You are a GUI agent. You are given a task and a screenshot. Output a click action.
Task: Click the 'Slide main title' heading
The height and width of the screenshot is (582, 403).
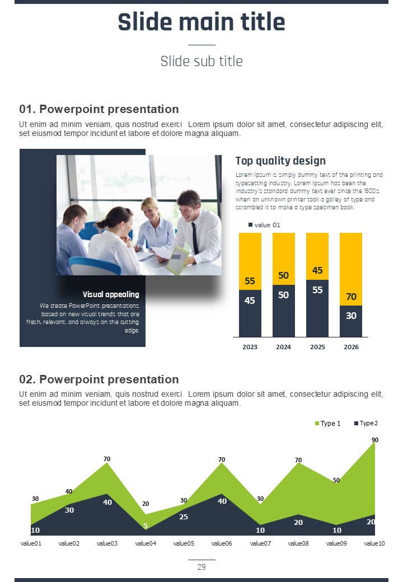pos(201,22)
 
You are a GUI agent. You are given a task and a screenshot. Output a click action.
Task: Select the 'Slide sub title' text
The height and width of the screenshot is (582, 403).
pos(201,61)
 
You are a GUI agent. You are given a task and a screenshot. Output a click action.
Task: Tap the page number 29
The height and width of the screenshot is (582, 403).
pos(201,567)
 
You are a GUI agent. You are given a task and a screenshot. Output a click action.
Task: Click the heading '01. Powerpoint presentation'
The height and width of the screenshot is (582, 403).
pos(99,109)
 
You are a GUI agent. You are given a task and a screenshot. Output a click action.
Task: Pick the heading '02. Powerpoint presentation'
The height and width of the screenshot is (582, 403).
pos(99,379)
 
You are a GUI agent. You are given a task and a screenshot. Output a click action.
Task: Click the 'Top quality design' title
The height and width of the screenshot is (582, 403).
pos(280,161)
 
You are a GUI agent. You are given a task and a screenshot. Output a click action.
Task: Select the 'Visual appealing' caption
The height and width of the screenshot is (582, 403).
pos(111,294)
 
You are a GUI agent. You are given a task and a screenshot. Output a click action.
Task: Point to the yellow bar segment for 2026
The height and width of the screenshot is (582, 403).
pos(351,269)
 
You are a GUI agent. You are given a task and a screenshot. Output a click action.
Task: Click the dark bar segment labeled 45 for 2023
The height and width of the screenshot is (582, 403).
pos(250,313)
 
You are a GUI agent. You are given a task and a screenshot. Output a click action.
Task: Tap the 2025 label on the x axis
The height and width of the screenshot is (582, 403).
pos(317,347)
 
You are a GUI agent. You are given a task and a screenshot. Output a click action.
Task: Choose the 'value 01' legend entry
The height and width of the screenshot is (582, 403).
pos(264,225)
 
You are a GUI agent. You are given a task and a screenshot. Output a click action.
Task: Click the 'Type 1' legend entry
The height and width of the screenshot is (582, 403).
pos(327,424)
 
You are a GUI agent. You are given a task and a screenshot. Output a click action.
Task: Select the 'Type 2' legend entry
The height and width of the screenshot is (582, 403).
pos(366,423)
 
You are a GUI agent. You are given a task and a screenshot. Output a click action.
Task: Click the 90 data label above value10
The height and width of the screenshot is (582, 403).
pos(375,440)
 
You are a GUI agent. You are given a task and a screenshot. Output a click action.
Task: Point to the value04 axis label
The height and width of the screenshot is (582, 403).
pos(146,543)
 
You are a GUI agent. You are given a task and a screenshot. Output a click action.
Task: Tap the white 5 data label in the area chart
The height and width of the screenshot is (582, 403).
pos(146,525)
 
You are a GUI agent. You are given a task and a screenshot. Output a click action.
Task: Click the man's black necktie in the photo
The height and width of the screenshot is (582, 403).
pos(195,238)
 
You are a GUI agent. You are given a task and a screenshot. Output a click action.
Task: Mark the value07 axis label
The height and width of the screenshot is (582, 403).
pos(260,543)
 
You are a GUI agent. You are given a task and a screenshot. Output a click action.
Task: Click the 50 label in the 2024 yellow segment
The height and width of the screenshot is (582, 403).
pos(284,275)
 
